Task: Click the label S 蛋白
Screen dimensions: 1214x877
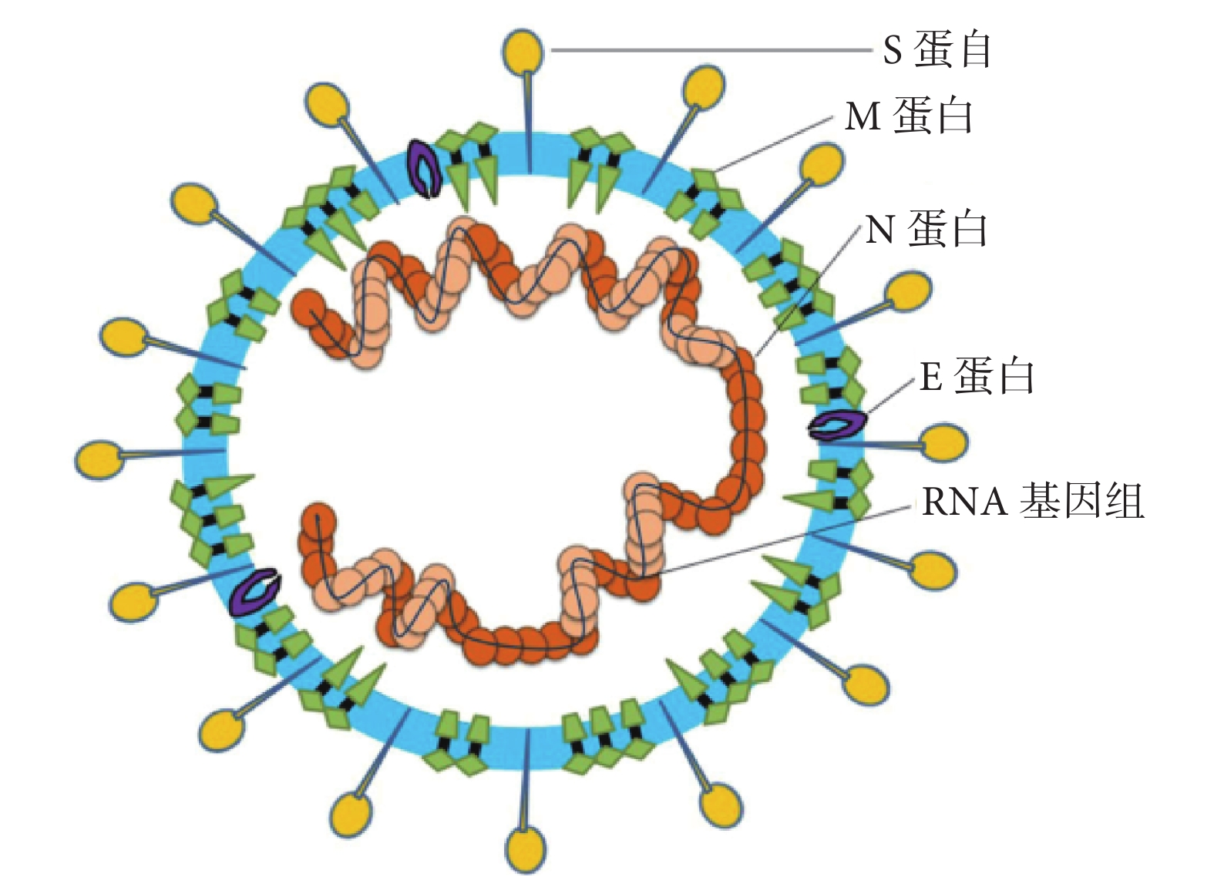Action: [x=937, y=49]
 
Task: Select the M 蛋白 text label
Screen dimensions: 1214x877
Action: [x=908, y=116]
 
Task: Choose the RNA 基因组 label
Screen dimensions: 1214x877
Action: [x=1033, y=501]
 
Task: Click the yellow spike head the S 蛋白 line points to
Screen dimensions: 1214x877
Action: [x=523, y=50]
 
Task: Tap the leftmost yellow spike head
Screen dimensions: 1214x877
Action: [x=99, y=460]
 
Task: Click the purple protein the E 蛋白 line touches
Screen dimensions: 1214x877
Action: [x=837, y=425]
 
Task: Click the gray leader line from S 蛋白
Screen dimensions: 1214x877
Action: [x=711, y=50]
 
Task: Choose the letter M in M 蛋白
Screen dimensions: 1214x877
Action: [x=863, y=116]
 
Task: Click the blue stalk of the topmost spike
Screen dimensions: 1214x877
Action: [x=526, y=122]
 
